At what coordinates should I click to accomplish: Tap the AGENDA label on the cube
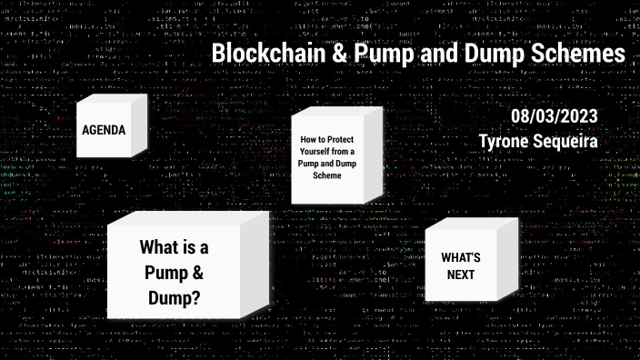[104, 130]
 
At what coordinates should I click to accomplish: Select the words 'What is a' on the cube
[174, 247]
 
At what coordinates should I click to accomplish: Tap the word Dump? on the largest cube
[174, 296]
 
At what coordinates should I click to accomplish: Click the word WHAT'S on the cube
[461, 258]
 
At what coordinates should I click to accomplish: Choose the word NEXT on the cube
[461, 275]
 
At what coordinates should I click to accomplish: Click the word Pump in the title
[375, 53]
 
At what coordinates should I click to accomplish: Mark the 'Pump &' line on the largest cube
[174, 272]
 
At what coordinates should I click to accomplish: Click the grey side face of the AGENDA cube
[140, 128]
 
